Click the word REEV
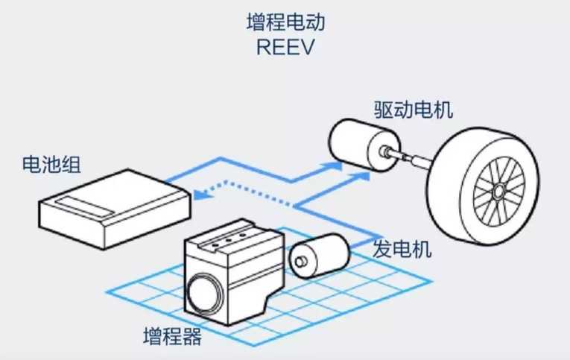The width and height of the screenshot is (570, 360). (285, 47)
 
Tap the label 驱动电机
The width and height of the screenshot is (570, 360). (414, 111)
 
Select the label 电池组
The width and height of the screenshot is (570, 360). (51, 163)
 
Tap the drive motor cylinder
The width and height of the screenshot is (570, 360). (357, 146)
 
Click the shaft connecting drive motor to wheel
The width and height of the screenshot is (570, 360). (414, 157)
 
